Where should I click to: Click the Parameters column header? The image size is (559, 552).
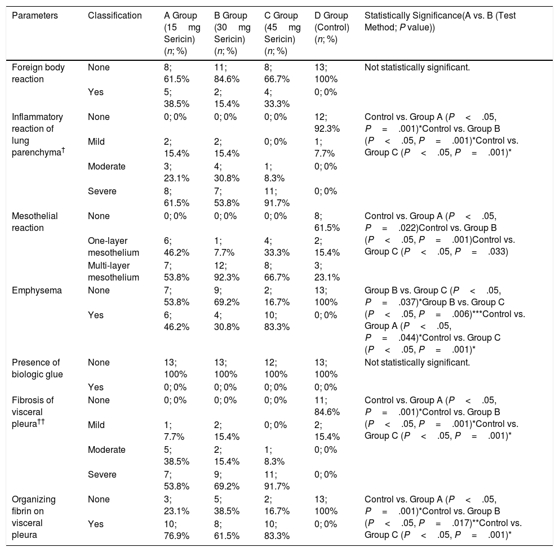tap(35, 16)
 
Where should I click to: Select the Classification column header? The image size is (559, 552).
tap(115, 16)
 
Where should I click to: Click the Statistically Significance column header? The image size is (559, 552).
tap(440, 21)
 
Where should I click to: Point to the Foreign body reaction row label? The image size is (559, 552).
tap(39, 73)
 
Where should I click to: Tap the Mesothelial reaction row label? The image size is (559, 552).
tap(35, 221)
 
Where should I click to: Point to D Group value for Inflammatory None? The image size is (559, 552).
tap(329, 122)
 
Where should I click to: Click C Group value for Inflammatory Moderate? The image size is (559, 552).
tap(276, 172)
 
